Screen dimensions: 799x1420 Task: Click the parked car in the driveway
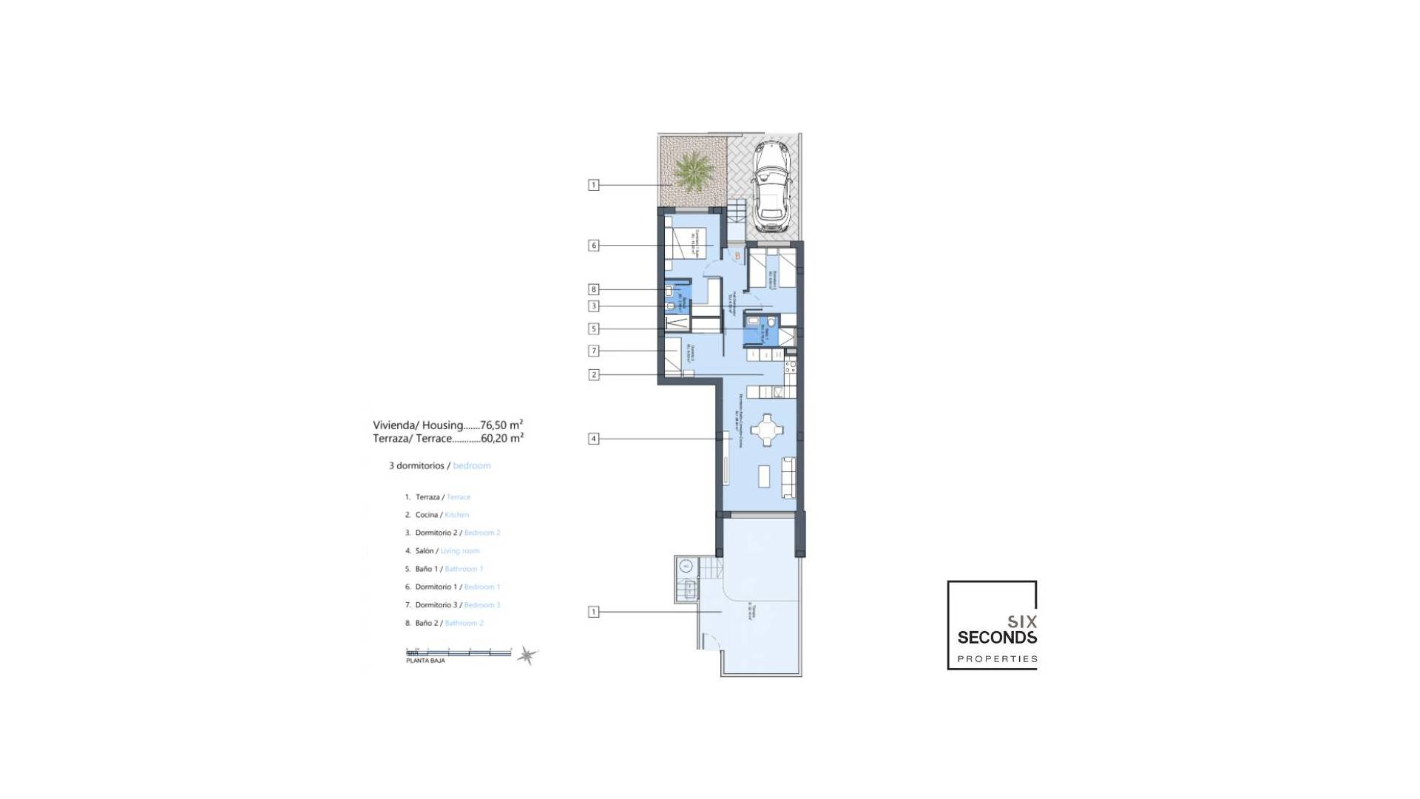click(x=770, y=185)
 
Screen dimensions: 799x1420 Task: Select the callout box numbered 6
click(x=593, y=246)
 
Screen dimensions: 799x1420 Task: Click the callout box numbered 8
click(x=593, y=289)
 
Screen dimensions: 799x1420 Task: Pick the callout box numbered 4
click(x=593, y=439)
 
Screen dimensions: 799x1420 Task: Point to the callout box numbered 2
click(x=593, y=375)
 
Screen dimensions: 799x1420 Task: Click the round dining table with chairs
click(x=767, y=430)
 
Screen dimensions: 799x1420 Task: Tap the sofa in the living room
click(x=788, y=477)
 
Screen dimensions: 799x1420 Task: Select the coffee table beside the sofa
click(x=764, y=476)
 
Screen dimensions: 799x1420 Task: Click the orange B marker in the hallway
click(x=737, y=256)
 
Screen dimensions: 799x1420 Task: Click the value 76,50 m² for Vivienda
click(x=501, y=425)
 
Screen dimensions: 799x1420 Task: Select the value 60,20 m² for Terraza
click(x=502, y=438)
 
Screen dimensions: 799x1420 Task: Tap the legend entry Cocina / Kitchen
click(x=436, y=515)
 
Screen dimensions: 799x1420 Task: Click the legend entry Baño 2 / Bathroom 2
click(x=444, y=623)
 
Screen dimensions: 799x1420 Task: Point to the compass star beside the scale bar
click(x=527, y=655)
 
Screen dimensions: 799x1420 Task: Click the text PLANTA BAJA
click(x=425, y=661)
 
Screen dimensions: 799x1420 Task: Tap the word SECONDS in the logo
click(x=997, y=637)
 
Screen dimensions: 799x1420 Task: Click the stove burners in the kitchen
click(x=791, y=365)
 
